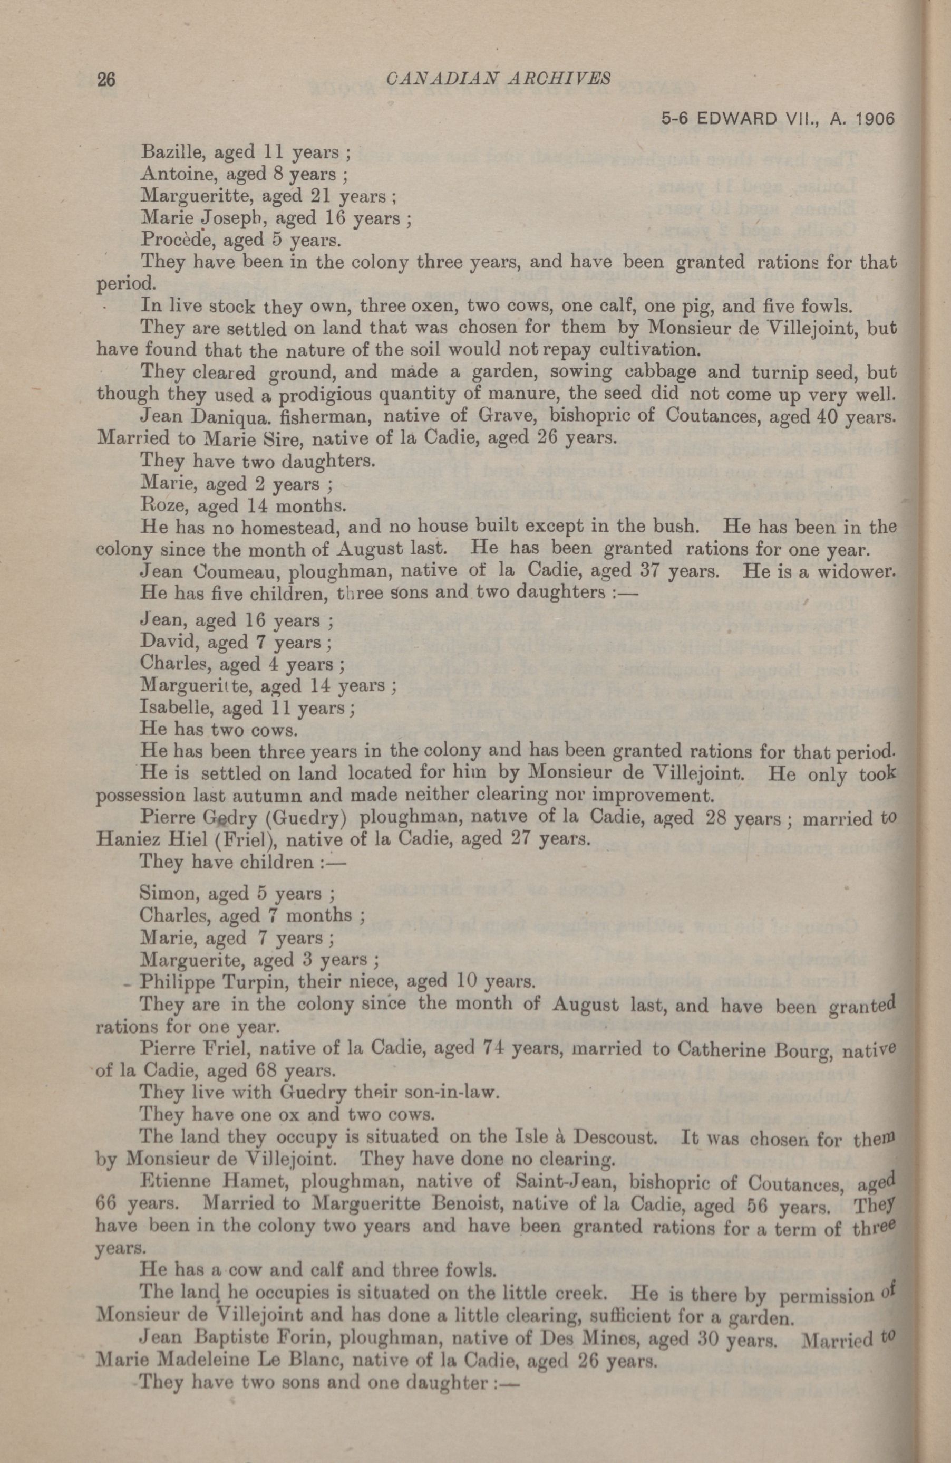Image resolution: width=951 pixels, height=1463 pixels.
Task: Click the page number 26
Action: point(105,79)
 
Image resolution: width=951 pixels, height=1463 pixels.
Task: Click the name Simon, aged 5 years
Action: point(164,893)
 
